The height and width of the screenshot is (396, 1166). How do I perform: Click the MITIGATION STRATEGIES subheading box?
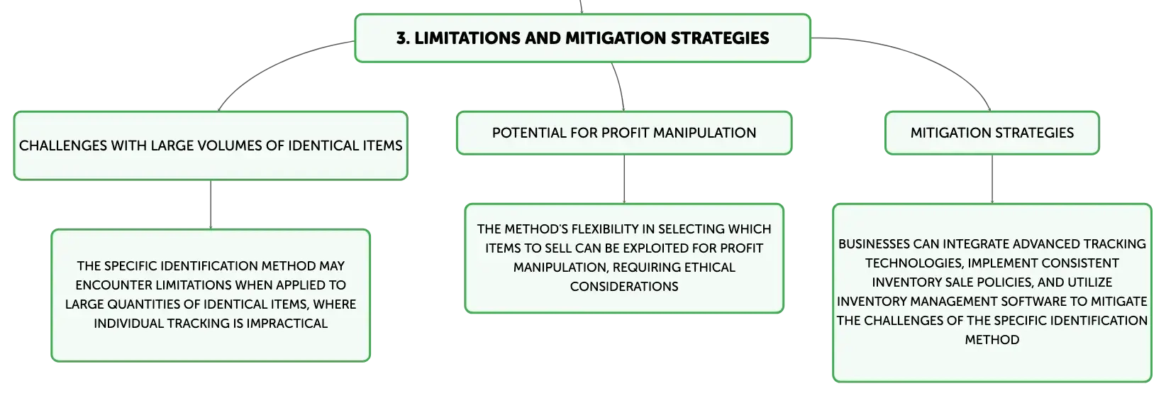coord(992,133)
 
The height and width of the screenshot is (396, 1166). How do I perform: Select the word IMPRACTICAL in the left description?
coord(287,324)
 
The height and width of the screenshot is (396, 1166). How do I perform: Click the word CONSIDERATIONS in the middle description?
coord(624,287)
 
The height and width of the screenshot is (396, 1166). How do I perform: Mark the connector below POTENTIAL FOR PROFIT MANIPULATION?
coord(624,179)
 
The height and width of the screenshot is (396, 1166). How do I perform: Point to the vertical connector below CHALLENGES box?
coord(211,205)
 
